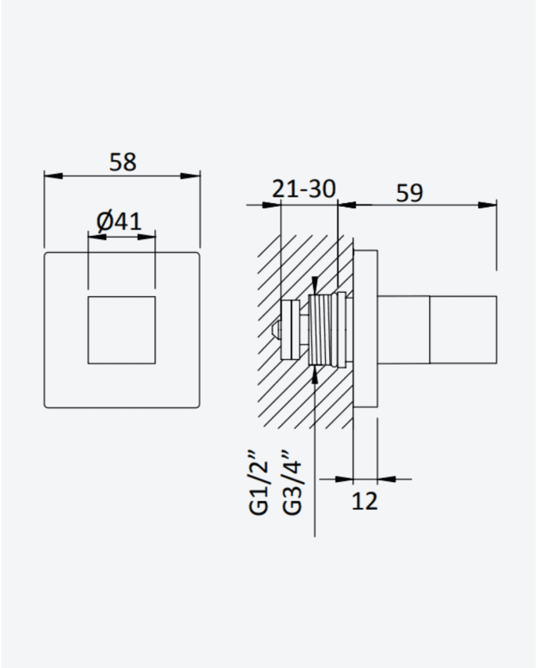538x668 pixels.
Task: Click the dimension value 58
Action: coord(123,162)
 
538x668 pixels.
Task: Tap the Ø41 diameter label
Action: coord(119,221)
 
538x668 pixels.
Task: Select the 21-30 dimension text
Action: coord(304,189)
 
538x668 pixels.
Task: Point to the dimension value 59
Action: coord(410,193)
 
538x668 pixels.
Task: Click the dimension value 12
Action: coord(364,501)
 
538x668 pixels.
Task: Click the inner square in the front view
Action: coord(121,331)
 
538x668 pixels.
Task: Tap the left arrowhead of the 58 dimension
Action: coord(53,175)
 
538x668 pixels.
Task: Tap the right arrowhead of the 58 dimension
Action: coord(191,175)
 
